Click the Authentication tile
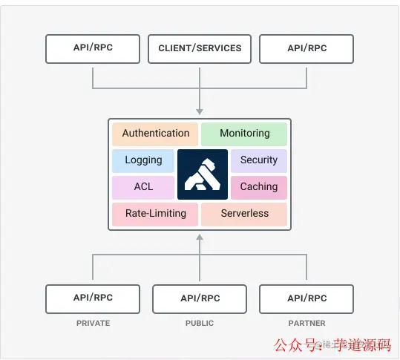(x=155, y=134)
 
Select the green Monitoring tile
(x=244, y=134)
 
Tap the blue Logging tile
(x=143, y=160)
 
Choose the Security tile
(x=258, y=160)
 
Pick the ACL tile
(x=143, y=187)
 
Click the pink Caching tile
(x=258, y=187)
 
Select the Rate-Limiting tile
(x=155, y=214)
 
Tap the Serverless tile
(x=244, y=214)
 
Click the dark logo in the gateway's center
(x=202, y=174)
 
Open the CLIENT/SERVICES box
(x=200, y=48)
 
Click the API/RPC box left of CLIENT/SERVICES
(x=93, y=48)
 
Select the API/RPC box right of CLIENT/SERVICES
(x=306, y=48)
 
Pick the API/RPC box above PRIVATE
(x=93, y=298)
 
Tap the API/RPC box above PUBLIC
(x=200, y=298)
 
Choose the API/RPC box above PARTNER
(x=306, y=298)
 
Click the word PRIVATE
(x=93, y=324)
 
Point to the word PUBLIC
(x=200, y=324)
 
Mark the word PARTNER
(x=306, y=324)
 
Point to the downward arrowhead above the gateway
(x=200, y=111)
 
